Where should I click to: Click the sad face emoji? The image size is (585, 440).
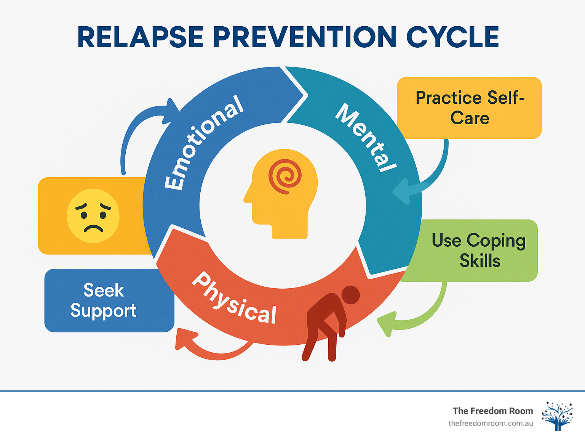[93, 216]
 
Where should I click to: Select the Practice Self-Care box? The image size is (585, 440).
[469, 108]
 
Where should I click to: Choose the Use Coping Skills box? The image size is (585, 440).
[478, 251]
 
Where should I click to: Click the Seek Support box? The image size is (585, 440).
[104, 300]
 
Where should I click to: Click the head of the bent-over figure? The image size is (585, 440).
[350, 295]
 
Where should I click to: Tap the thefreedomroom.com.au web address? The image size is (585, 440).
[491, 423]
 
